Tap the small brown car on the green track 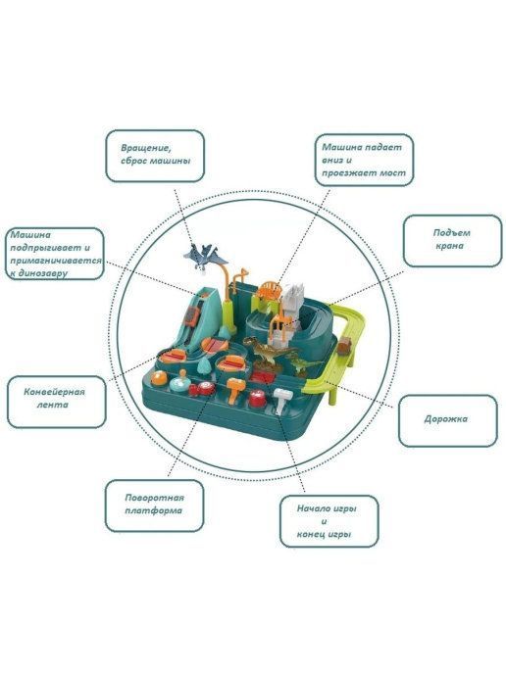(x=345, y=346)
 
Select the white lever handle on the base (x=282, y=399)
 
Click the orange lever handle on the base (x=235, y=390)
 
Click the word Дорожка (x=446, y=419)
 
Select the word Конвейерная (x=54, y=392)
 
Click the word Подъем (x=451, y=233)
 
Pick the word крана (x=450, y=246)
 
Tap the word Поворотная (x=155, y=498)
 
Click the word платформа (x=154, y=510)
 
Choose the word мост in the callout (x=392, y=172)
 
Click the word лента (x=52, y=405)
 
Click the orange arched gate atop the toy (x=269, y=289)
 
